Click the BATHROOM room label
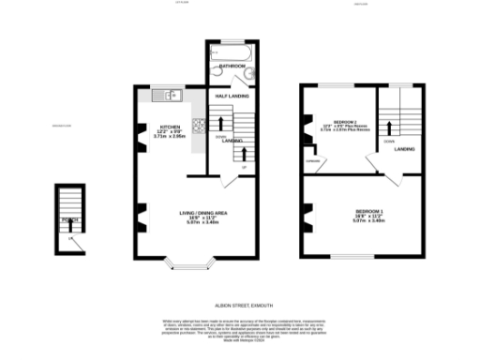(232, 67)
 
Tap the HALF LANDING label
(231, 97)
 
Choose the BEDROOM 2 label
(337, 125)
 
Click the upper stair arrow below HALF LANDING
(215, 119)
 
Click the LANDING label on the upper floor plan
(405, 148)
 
